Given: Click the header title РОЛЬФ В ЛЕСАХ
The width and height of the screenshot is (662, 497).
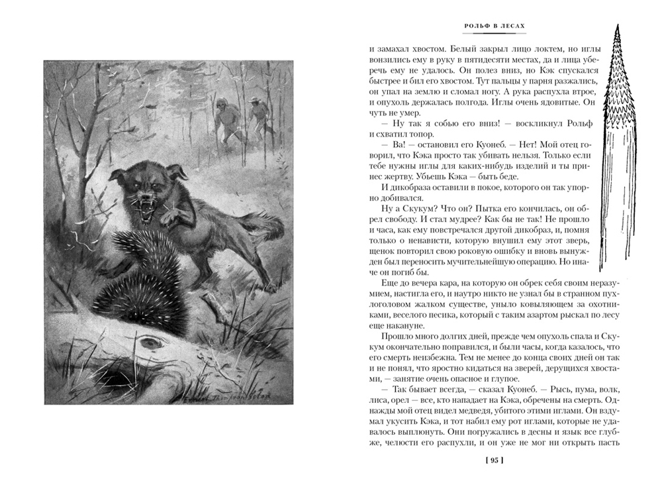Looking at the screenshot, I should pyautogui.click(x=485, y=27).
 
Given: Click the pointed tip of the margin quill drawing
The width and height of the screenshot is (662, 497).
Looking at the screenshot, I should pyautogui.click(x=617, y=28).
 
